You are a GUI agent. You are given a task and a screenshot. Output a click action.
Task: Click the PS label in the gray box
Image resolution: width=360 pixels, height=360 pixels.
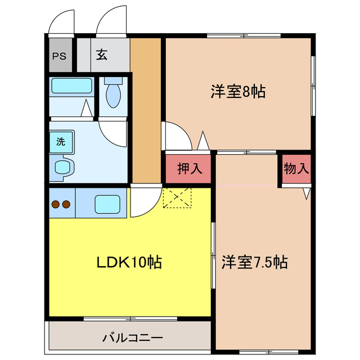(58, 56)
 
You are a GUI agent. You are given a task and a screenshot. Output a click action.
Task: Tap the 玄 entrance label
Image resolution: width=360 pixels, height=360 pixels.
(102, 55)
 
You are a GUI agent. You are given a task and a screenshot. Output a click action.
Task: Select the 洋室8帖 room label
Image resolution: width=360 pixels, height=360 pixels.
(238, 91)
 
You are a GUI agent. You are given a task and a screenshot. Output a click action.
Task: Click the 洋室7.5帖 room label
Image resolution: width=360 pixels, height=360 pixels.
(254, 262)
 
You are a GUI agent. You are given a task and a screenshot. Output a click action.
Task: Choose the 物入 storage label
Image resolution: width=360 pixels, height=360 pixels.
(296, 168)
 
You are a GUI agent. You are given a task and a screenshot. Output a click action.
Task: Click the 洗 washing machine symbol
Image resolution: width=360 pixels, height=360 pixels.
(60, 142)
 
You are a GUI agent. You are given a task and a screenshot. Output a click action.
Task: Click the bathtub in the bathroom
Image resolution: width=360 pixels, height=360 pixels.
(71, 86)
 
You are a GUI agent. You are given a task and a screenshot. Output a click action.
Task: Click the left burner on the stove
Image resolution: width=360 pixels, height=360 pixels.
(56, 205)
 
